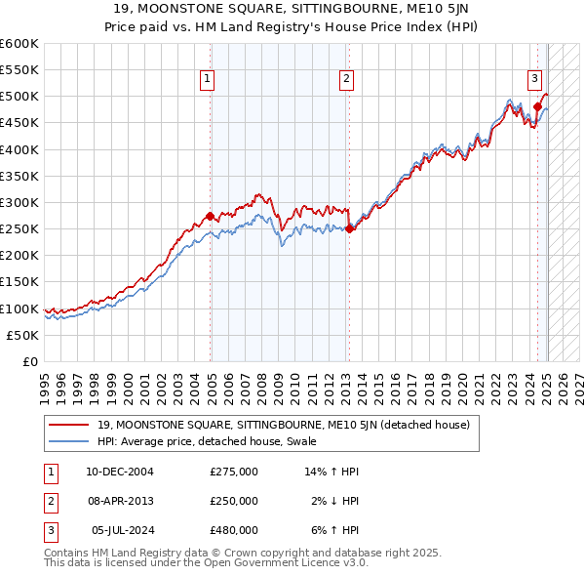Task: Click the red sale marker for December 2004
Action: click(x=211, y=216)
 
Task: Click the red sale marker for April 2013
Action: click(x=349, y=228)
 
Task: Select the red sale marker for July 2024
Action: click(x=537, y=107)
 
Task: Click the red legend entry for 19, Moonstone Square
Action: click(x=284, y=425)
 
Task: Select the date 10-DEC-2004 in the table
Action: click(x=120, y=472)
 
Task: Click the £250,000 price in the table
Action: click(x=234, y=501)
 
